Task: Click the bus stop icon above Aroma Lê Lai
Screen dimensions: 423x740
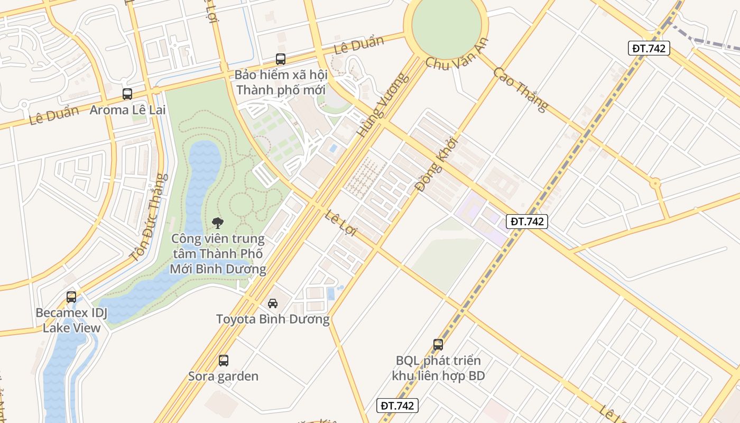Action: (x=127, y=94)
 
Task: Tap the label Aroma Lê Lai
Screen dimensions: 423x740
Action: (x=127, y=110)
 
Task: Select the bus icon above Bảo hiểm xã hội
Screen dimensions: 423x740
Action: (x=281, y=59)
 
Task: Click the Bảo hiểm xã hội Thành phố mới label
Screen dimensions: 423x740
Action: (x=281, y=82)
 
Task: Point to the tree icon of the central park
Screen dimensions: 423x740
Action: (x=217, y=223)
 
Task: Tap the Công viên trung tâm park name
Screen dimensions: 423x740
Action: (x=218, y=254)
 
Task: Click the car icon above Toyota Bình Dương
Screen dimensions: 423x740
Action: (x=273, y=303)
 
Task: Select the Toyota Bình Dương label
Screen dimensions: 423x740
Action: (x=273, y=319)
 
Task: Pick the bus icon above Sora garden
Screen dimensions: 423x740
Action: (x=224, y=361)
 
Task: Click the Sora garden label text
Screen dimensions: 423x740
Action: (x=224, y=376)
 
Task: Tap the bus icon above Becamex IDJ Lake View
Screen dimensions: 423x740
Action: (x=71, y=297)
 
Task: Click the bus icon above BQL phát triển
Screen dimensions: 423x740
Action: (x=438, y=345)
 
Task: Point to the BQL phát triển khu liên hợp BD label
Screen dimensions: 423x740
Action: (x=438, y=368)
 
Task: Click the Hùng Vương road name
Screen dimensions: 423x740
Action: (x=383, y=105)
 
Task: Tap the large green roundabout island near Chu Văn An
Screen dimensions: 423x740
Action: (x=446, y=24)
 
